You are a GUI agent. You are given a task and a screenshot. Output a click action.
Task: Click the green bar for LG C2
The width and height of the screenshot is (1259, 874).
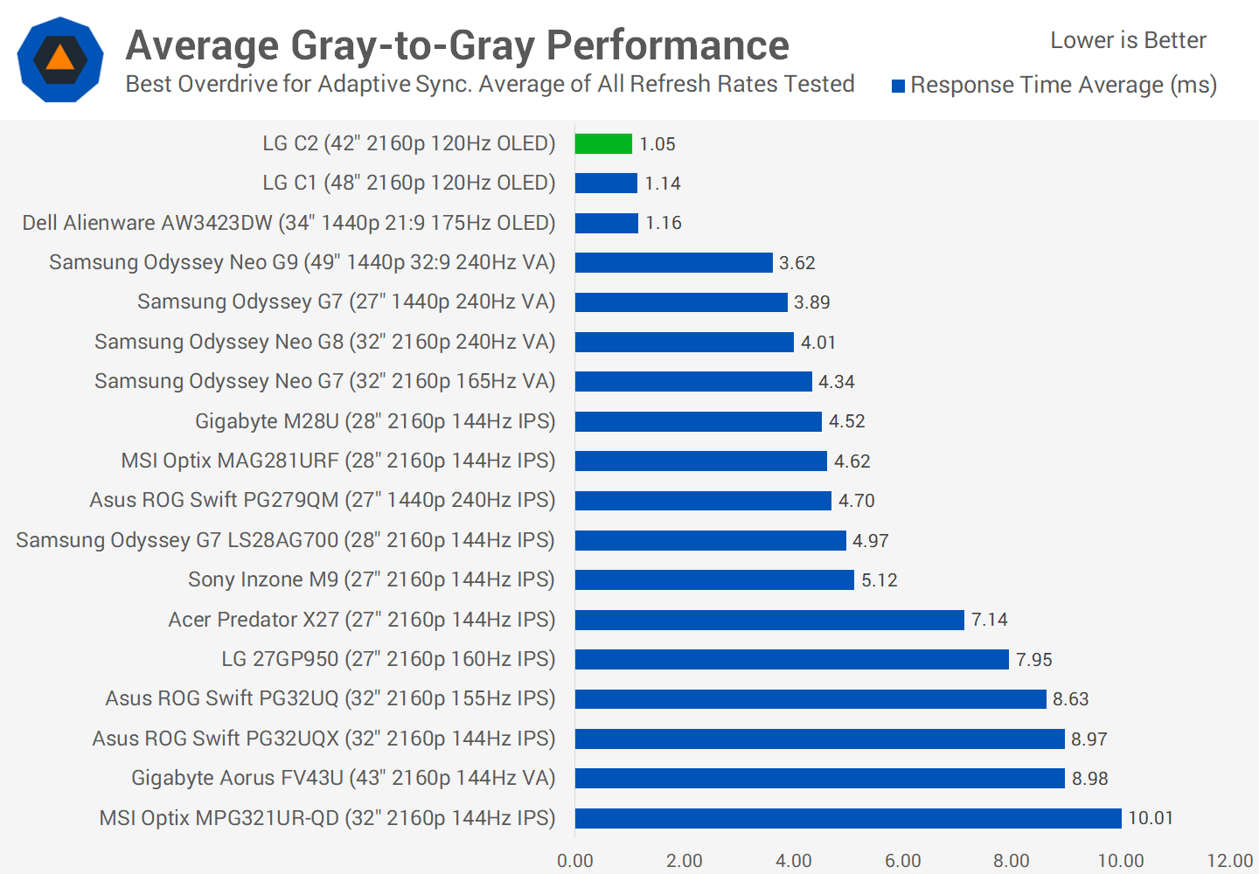pyautogui.click(x=603, y=143)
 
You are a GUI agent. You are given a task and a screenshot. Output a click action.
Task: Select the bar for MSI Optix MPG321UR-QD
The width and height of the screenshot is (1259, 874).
pyautogui.click(x=848, y=818)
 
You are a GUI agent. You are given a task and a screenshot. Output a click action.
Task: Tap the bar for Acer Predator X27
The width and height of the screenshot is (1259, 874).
pyautogui.click(x=769, y=620)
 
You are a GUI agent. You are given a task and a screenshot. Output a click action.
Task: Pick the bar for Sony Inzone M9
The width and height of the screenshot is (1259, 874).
pyautogui.click(x=714, y=580)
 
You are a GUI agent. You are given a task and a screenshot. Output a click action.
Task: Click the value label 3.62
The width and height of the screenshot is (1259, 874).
pyautogui.click(x=797, y=263)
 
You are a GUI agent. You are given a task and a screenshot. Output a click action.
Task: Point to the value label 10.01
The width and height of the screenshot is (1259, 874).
pyautogui.click(x=1151, y=818)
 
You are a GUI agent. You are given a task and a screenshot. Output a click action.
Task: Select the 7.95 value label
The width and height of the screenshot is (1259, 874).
pyautogui.click(x=1034, y=660)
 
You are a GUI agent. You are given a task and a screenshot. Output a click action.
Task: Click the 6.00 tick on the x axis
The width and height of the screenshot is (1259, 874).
pyautogui.click(x=903, y=861)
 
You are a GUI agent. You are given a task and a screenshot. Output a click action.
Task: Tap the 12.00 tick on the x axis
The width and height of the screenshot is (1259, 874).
pyautogui.click(x=1230, y=861)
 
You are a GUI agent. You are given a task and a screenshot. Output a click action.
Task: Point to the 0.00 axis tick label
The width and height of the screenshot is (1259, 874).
pyautogui.click(x=575, y=861)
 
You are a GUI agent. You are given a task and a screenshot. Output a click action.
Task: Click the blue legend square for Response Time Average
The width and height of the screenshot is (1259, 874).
pyautogui.click(x=898, y=86)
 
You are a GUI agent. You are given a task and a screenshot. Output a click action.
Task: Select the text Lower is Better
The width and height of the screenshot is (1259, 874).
pyautogui.click(x=1128, y=40)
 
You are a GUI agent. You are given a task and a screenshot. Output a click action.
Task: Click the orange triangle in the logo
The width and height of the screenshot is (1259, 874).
pyautogui.click(x=59, y=58)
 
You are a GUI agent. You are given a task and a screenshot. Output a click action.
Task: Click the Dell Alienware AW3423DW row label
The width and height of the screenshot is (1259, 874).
pyautogui.click(x=289, y=223)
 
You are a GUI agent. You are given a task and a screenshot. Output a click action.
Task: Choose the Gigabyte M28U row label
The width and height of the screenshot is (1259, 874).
pyautogui.click(x=375, y=421)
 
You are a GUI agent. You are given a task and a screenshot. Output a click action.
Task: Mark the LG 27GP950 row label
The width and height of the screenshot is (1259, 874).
pyautogui.click(x=388, y=659)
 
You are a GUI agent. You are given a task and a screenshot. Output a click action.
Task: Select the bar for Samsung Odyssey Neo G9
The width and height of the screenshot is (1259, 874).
pyautogui.click(x=673, y=263)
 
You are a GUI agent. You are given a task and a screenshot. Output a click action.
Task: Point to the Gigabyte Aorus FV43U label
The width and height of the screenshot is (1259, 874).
pyautogui.click(x=344, y=778)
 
